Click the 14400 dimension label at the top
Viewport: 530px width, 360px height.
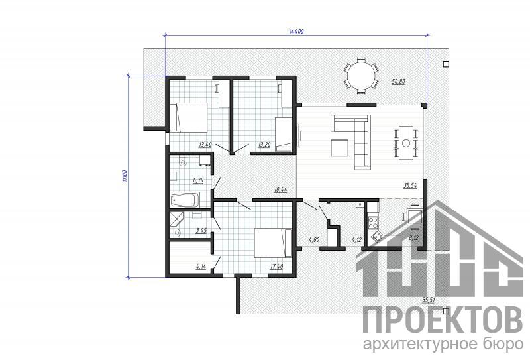[x=297, y=31]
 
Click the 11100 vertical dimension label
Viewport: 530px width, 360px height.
[x=125, y=176]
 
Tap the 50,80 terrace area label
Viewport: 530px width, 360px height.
[x=398, y=81]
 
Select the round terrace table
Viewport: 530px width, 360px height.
[x=361, y=76]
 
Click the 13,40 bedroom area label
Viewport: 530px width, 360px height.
[x=205, y=145]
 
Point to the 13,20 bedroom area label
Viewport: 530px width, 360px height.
[x=264, y=145]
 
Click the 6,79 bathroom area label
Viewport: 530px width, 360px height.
[x=198, y=180]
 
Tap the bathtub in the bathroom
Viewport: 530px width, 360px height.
[x=185, y=200]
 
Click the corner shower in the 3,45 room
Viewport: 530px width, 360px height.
[x=177, y=219]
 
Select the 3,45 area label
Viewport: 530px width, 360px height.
[x=201, y=231]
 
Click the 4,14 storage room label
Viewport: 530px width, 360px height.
[x=201, y=266]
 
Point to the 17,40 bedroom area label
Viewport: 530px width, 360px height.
[x=276, y=267]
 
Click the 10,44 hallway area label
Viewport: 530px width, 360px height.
[x=280, y=190]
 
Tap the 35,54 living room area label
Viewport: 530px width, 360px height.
[x=410, y=186]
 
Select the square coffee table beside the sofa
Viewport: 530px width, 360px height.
[x=340, y=148]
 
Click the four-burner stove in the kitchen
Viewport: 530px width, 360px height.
[x=373, y=222]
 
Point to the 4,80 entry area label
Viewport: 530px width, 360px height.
[x=314, y=240]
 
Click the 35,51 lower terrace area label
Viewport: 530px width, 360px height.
[x=429, y=300]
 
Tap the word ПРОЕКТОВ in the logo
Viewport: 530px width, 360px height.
[x=443, y=320]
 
